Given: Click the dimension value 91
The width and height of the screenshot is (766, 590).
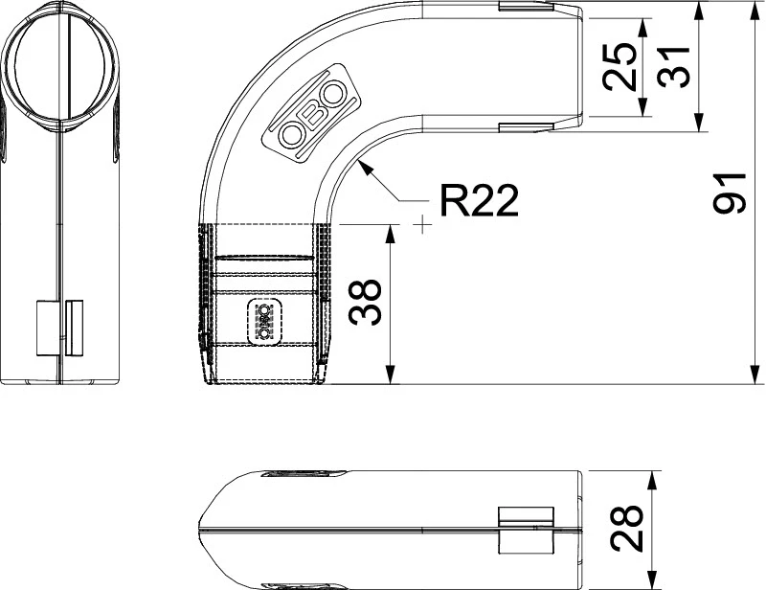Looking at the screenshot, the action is click(730, 193).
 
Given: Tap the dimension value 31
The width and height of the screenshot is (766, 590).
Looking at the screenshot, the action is click(674, 67).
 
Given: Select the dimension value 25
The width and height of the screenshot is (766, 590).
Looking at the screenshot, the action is click(620, 67).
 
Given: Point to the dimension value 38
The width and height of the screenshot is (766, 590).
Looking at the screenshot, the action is click(365, 302).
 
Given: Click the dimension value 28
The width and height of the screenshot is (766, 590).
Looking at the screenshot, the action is click(627, 528).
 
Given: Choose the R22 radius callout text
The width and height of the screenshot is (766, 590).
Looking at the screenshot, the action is click(479, 200).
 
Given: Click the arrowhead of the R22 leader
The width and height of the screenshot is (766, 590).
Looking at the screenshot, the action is click(366, 168).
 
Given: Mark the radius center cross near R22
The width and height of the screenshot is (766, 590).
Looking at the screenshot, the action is click(422, 225).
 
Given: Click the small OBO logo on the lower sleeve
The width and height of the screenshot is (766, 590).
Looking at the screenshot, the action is click(265, 321).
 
